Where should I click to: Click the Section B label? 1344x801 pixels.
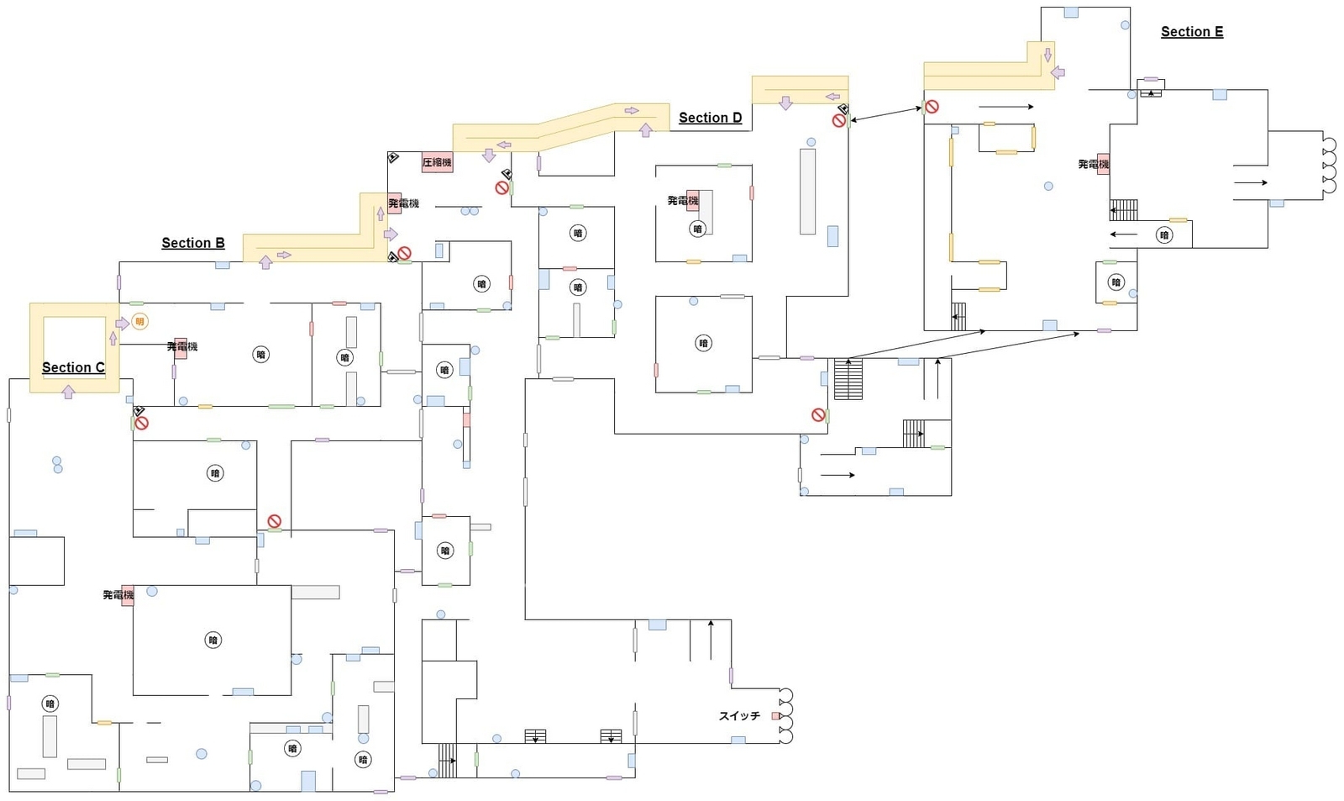click(x=193, y=243)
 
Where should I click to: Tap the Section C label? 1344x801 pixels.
click(x=73, y=367)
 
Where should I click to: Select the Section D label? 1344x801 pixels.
click(x=710, y=118)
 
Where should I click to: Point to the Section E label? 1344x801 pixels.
click(x=1191, y=32)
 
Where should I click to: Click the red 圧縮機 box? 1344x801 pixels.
click(x=437, y=162)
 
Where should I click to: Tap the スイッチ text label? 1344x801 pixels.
click(x=739, y=716)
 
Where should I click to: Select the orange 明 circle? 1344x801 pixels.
click(x=139, y=322)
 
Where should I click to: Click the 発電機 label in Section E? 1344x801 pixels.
click(x=1093, y=165)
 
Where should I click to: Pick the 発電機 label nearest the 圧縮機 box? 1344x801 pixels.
click(x=402, y=203)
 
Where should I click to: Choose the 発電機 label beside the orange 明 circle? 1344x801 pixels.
click(x=181, y=346)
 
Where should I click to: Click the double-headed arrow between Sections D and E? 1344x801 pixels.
click(x=885, y=114)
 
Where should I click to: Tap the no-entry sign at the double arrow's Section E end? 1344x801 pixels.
click(x=932, y=107)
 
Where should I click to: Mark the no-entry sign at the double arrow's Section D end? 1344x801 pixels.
click(x=838, y=121)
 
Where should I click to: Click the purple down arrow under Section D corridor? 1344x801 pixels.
click(x=785, y=103)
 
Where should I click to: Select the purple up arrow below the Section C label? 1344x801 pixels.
click(x=69, y=392)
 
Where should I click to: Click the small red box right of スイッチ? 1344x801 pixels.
click(x=776, y=716)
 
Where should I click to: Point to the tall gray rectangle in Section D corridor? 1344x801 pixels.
click(x=807, y=191)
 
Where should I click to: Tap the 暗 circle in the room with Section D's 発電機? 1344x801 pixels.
click(x=697, y=229)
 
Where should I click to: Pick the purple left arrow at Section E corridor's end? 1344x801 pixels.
click(x=1058, y=73)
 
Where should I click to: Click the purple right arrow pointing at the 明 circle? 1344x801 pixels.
click(x=123, y=324)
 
